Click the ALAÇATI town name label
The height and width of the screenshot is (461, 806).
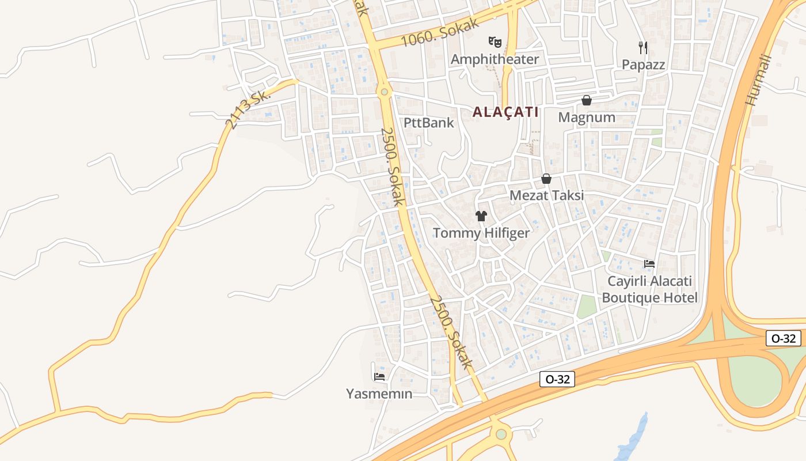coord(505,112)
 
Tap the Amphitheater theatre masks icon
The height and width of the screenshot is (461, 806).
coord(495,41)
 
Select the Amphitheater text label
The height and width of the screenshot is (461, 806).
coord(495,59)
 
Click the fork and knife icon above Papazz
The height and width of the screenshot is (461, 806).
coord(643,47)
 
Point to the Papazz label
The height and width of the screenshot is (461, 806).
coord(643,65)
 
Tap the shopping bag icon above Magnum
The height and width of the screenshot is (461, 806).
coord(587,101)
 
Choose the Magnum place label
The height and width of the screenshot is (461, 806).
coord(587,118)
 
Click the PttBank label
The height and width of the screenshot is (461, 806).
coord(428,123)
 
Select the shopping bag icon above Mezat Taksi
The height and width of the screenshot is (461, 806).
coord(546,179)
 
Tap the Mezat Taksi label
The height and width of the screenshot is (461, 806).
coord(546,195)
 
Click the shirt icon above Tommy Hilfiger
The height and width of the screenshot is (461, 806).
coord(481,216)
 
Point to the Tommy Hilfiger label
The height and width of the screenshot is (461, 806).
coord(481,233)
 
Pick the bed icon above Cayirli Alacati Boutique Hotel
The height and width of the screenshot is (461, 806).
coord(649,264)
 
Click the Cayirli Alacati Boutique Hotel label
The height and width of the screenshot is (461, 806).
coord(649,290)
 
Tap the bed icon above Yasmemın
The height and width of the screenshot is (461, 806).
coord(379,377)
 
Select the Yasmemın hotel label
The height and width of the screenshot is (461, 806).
coord(379,394)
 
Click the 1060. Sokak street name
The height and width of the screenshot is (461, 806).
coord(440,33)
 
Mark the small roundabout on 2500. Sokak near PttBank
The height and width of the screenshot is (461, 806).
coord(384,91)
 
